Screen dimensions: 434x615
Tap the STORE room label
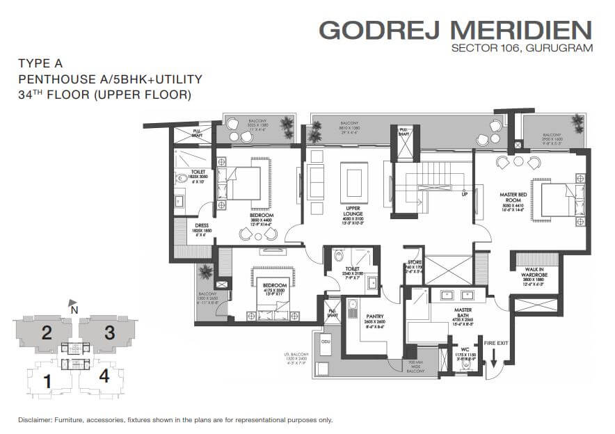click(415, 262)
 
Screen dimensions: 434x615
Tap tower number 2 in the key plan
click(47, 332)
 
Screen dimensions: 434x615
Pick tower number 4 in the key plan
click(104, 376)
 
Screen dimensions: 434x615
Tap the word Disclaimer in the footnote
click(38, 420)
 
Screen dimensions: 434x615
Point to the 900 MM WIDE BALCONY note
click(417, 367)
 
